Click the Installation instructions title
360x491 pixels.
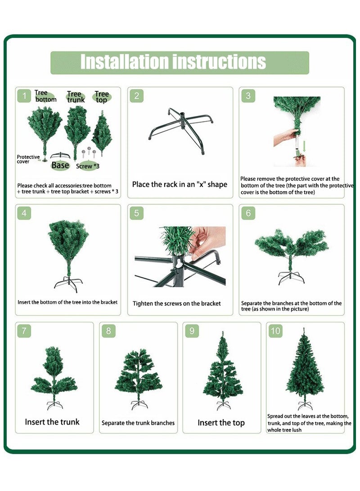point(173,62)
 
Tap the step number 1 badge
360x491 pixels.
point(24,96)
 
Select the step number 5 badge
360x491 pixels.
point(136,213)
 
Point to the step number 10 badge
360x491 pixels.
point(275,331)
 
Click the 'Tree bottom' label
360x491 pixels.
point(45,96)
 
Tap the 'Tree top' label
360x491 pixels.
point(102,97)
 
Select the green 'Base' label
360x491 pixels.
point(60,165)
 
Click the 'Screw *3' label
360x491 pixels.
point(88,166)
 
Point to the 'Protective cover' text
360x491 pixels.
point(28,159)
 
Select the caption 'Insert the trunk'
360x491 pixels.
point(52,422)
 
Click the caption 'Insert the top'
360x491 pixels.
point(221,423)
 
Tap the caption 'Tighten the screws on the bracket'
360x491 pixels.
point(176,303)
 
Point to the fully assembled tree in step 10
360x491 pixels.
point(305,369)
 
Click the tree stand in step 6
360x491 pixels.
point(291,278)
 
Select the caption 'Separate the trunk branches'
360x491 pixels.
point(138,423)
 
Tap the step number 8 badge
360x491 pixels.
point(108,331)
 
